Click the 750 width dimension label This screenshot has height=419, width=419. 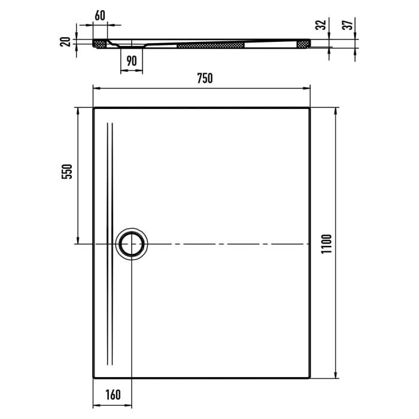pyautogui.click(x=204, y=78)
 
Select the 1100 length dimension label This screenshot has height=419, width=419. pyautogui.click(x=326, y=243)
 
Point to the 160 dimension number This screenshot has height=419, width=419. pyautogui.click(x=113, y=394)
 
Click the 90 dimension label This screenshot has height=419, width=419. pyautogui.click(x=132, y=60)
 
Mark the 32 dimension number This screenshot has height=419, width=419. pyautogui.click(x=322, y=25)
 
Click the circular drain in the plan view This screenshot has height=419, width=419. pyautogui.click(x=131, y=244)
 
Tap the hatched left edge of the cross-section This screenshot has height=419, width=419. pyautogui.click(x=99, y=43)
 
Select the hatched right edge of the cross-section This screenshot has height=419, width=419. pyautogui.click(x=303, y=43)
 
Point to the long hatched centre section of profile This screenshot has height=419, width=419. pyautogui.click(x=211, y=44)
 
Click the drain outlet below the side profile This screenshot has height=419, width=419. pyautogui.click(x=132, y=47)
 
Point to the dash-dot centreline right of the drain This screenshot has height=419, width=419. pyautogui.click(x=227, y=244)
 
